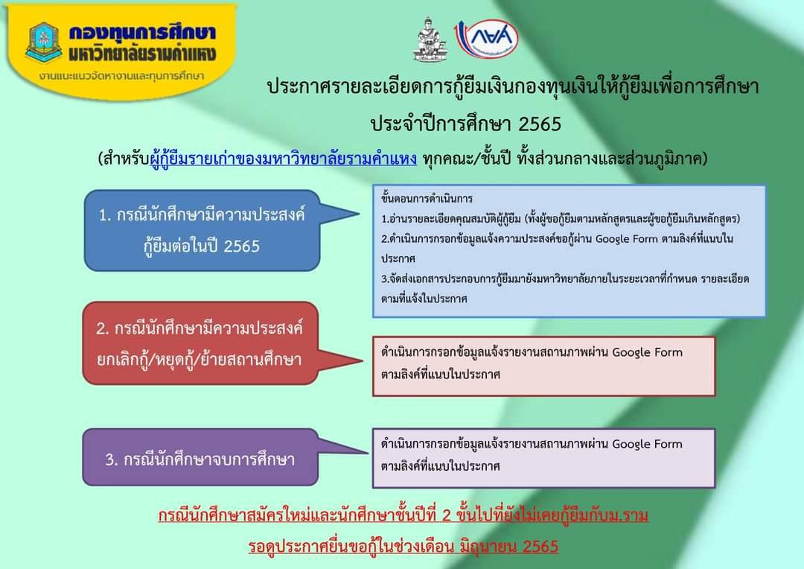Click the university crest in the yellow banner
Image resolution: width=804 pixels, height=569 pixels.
(x=44, y=42)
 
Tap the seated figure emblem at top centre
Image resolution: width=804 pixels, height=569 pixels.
(x=430, y=40)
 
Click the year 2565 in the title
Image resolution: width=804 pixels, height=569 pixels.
(x=540, y=124)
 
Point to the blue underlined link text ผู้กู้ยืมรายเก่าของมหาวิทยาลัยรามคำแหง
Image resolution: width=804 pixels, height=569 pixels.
(x=283, y=159)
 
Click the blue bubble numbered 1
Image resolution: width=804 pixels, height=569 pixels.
(x=202, y=230)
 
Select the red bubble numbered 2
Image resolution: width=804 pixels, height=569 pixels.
(x=200, y=343)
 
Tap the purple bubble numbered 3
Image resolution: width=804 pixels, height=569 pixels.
(x=200, y=457)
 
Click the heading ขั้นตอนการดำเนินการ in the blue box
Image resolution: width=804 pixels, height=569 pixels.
(x=427, y=199)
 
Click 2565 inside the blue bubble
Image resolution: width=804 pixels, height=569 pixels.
(x=241, y=247)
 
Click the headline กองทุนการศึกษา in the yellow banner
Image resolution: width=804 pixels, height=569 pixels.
(x=142, y=34)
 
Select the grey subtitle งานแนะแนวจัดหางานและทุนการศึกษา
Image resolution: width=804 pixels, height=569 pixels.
(x=121, y=77)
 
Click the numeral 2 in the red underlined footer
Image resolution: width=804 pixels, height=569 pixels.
(x=446, y=515)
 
